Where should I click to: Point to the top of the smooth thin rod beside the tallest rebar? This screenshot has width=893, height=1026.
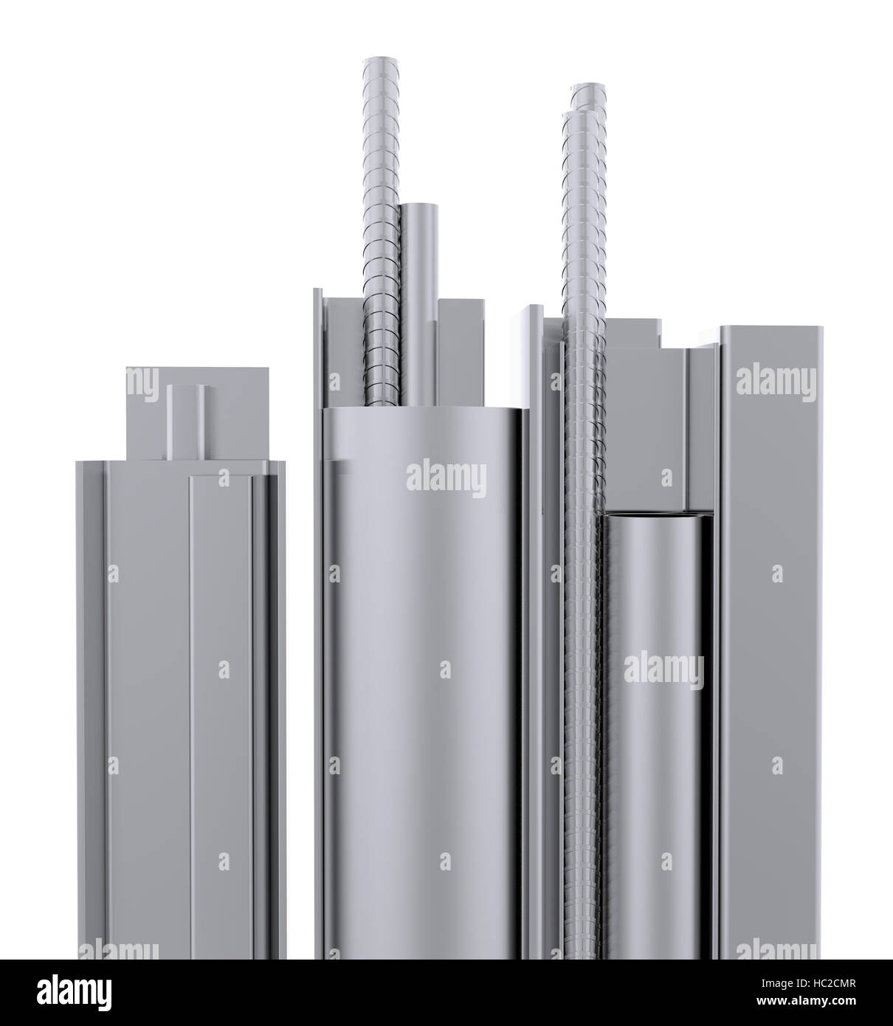(419, 207)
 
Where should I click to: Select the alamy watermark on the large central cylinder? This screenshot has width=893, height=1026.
(446, 477)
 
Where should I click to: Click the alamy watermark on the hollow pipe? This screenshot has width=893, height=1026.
(663, 669)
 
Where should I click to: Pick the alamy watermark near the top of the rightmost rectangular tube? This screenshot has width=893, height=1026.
(776, 382)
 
